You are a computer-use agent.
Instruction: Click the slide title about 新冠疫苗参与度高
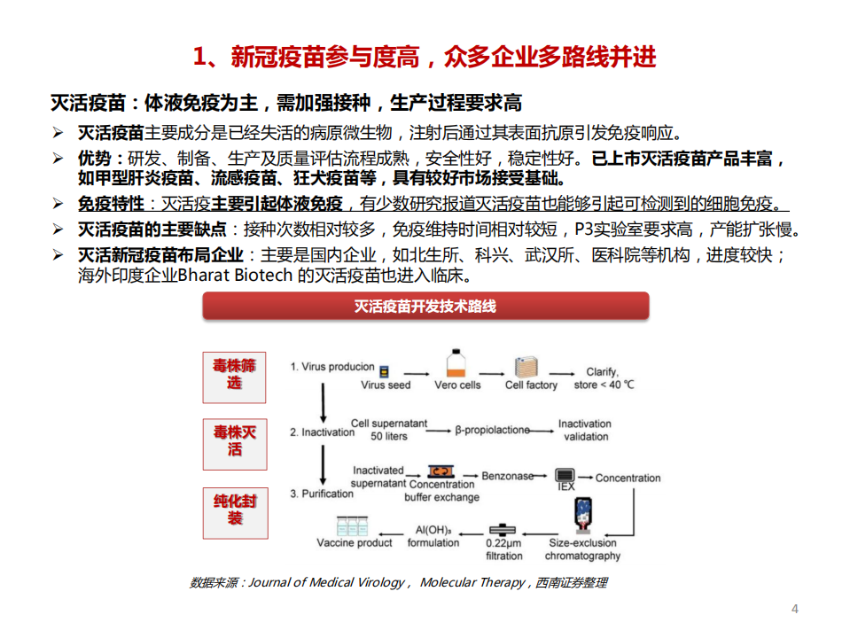425,58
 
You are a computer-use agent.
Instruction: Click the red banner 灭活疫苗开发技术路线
425,307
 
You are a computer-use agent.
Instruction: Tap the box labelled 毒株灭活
234,440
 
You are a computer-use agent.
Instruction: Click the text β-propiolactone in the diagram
492,430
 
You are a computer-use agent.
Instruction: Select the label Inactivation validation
585,430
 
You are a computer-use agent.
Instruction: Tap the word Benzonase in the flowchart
508,476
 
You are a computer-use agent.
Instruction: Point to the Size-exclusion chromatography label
582,549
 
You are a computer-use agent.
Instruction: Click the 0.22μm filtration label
503,549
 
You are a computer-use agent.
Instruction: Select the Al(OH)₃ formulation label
433,536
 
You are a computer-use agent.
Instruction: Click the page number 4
794,609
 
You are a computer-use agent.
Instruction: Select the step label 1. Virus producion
332,366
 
